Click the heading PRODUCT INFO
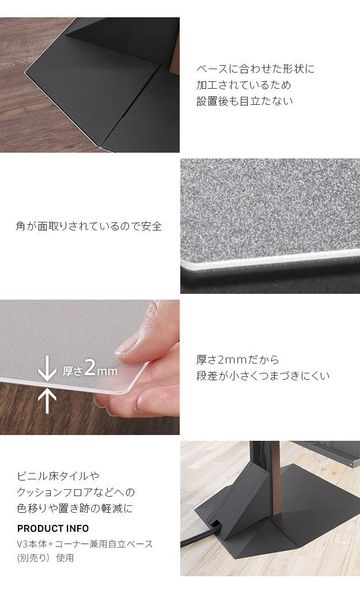pyautogui.click(x=53, y=528)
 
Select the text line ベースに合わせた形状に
pyautogui.click(x=256, y=69)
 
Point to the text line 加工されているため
pyautogui.click(x=244, y=85)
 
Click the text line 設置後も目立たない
pyautogui.click(x=245, y=101)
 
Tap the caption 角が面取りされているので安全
pyautogui.click(x=89, y=226)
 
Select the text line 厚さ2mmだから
pyautogui.click(x=238, y=360)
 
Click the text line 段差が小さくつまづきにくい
pyautogui.click(x=263, y=376)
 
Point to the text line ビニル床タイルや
pyautogui.click(x=58, y=477)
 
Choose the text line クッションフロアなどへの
pyautogui.click(x=76, y=493)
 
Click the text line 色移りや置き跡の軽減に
pyautogui.click(x=75, y=509)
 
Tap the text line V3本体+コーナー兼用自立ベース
pyautogui.click(x=85, y=544)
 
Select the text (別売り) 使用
pyautogui.click(x=46, y=558)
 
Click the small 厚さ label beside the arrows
pyautogui.click(x=73, y=371)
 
